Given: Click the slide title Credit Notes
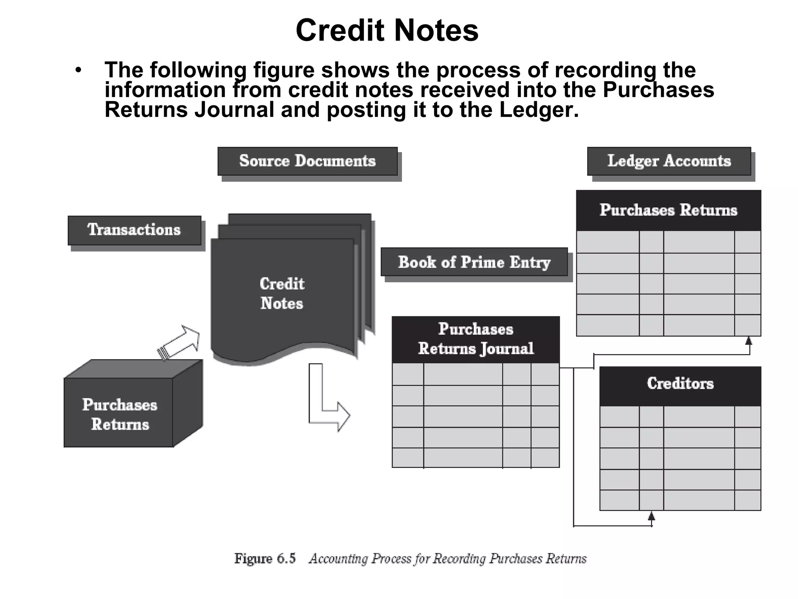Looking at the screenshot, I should point(387,30).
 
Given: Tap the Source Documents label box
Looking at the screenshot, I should point(307,161).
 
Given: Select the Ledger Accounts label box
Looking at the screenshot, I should point(669,161).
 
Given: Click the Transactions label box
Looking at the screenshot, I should point(134,230).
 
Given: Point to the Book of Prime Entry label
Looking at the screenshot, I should point(474,262).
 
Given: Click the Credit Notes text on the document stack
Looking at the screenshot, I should point(282,294).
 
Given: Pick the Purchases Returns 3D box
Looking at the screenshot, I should point(120,414).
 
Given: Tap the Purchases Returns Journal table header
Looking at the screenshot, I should point(475,339).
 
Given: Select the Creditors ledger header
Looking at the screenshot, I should point(680,384).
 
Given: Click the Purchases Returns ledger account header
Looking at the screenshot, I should point(668,210).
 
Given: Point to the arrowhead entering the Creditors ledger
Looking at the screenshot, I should point(651,516).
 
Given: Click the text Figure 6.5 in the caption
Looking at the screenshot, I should point(265,559).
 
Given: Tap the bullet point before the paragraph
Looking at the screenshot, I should point(79,71).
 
